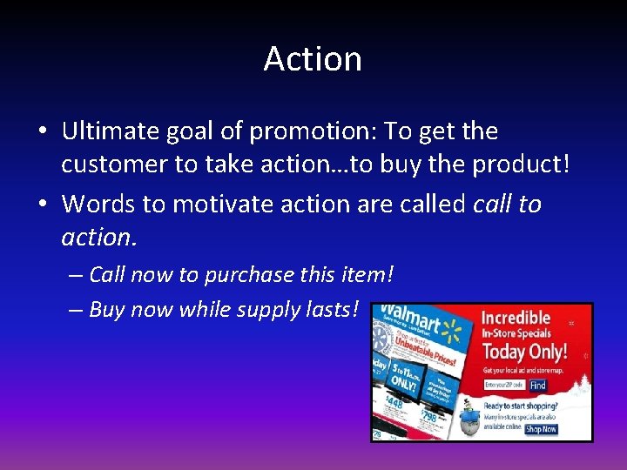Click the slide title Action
pyautogui.click(x=313, y=59)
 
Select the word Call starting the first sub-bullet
pyautogui.click(x=108, y=275)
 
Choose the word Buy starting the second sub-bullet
pyautogui.click(x=106, y=310)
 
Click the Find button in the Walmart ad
pyautogui.click(x=537, y=386)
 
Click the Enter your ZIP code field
pyautogui.click(x=505, y=386)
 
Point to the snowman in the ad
pyautogui.click(x=471, y=415)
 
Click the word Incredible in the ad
pyautogui.click(x=516, y=317)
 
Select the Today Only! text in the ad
pyautogui.click(x=525, y=352)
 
